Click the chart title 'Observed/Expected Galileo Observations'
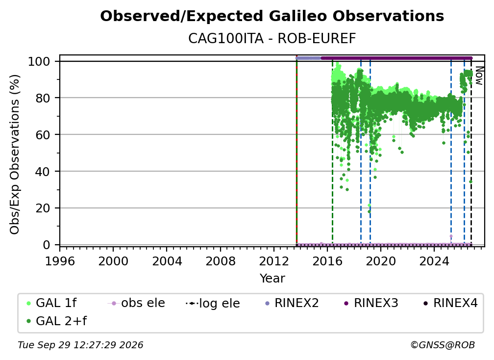tap(272, 16)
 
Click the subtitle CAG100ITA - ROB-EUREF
tap(272, 39)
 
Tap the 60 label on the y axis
tap(43, 134)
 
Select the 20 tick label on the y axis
tap(43, 208)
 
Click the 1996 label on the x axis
tap(60, 261)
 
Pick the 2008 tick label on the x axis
tap(220, 261)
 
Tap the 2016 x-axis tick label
tap(327, 261)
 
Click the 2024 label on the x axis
tap(434, 261)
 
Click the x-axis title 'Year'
tap(272, 279)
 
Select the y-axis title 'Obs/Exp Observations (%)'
tap(15, 154)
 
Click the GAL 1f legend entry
tap(52, 303)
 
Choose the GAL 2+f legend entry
tap(57, 321)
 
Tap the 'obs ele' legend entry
tap(136, 303)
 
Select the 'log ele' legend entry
tap(213, 303)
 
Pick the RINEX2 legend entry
tap(292, 303)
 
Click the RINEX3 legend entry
tap(371, 303)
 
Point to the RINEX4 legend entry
tap(451, 303)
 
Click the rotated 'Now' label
tap(479, 76)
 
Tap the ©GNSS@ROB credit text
tap(443, 345)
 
